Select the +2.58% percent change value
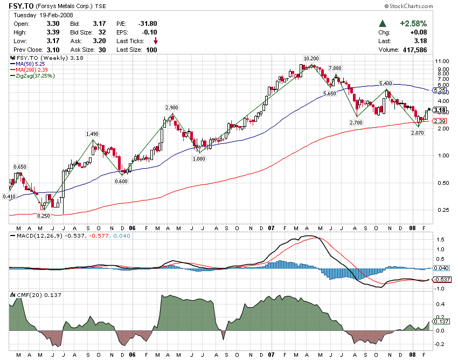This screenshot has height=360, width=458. (x=413, y=24)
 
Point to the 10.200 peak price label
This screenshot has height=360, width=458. (x=311, y=58)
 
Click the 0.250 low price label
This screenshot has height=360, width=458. (x=43, y=216)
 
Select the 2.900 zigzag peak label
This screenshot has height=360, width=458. (x=172, y=108)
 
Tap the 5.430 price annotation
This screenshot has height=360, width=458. (x=385, y=83)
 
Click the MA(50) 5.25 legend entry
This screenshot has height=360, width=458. (x=31, y=64)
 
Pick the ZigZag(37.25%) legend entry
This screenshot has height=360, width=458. (x=36, y=76)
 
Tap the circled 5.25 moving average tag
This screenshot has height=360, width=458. (x=440, y=91)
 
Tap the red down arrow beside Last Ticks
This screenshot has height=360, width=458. (x=156, y=41)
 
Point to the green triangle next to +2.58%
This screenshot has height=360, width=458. (x=383, y=24)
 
